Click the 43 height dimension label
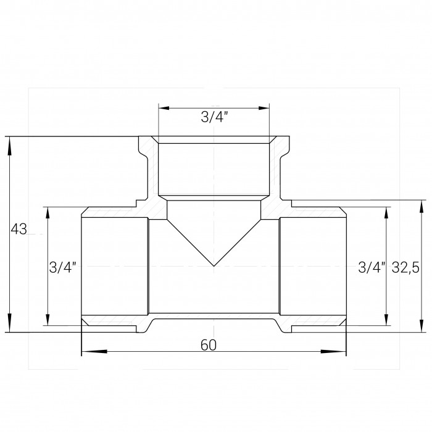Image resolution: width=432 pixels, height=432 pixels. pos(19,229)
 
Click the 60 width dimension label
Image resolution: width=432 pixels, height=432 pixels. pos(209,345)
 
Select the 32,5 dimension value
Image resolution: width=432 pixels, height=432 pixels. pos(405,267)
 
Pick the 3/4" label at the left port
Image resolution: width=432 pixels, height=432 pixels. pos(62,267)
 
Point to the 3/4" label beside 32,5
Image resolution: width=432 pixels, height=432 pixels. pos(372,267)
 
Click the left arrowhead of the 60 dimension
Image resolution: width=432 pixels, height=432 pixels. pos(94,351)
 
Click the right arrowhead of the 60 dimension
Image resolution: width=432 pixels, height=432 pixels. pos(333,351)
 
